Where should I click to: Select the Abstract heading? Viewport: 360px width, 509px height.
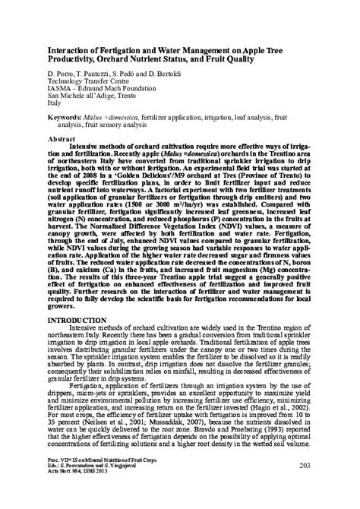(61, 141)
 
